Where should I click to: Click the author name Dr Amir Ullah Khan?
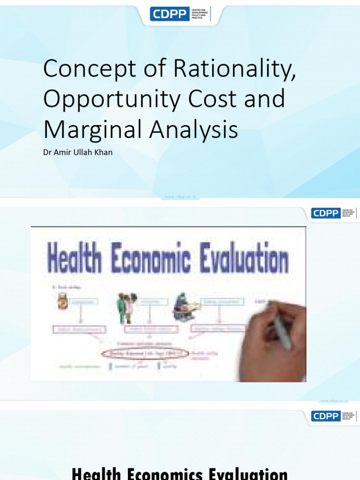(78, 152)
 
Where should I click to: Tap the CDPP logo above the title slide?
(181, 14)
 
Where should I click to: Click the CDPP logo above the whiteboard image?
(333, 213)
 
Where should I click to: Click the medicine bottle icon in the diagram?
(62, 301)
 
